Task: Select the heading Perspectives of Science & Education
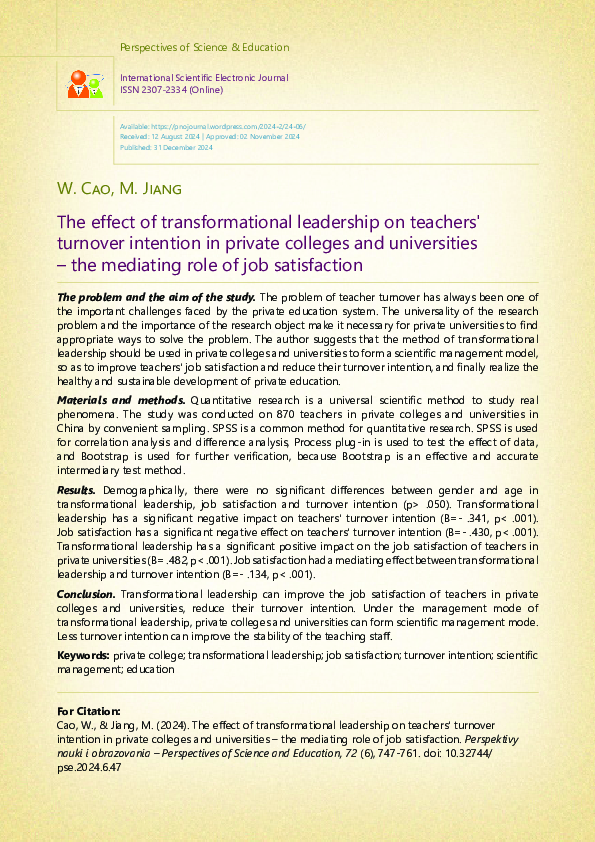point(204,47)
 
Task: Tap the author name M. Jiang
point(150,188)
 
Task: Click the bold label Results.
point(76,490)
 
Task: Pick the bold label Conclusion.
point(86,594)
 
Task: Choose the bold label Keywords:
point(83,655)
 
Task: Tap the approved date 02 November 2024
point(264,138)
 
